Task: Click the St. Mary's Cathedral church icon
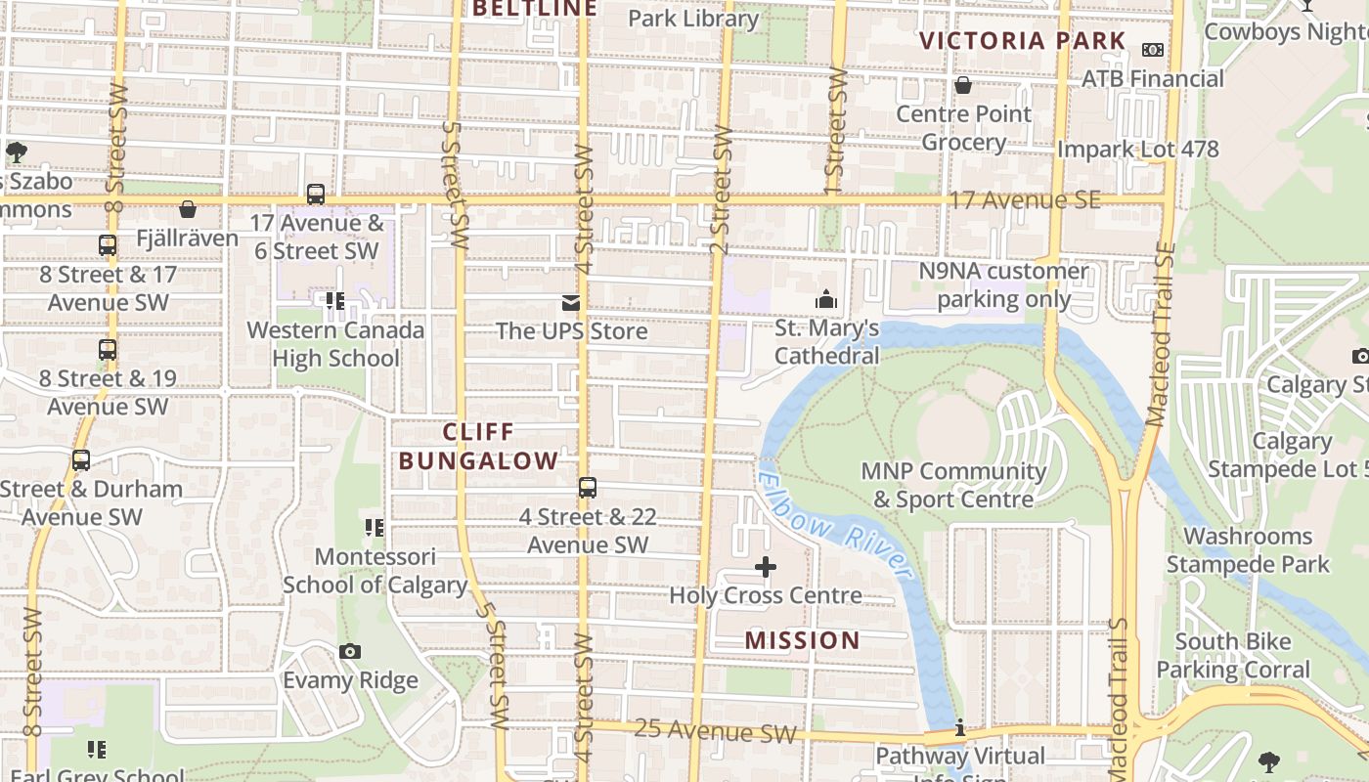(x=826, y=299)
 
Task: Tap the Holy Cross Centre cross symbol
(x=766, y=567)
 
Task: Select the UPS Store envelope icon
(x=571, y=303)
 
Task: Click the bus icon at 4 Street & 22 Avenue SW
(x=587, y=487)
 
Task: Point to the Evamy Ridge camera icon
(x=349, y=651)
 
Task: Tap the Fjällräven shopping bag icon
(x=188, y=209)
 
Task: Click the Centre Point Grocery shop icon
(x=963, y=85)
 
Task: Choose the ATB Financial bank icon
(x=1153, y=49)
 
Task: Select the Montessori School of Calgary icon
(x=374, y=528)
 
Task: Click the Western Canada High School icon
(x=335, y=301)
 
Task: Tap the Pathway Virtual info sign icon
(x=960, y=727)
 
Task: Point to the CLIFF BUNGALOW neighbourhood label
(x=478, y=446)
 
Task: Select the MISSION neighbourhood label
(x=802, y=640)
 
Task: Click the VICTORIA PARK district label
(x=1023, y=41)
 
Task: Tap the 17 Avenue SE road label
(x=1025, y=200)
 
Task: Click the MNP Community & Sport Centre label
(x=953, y=485)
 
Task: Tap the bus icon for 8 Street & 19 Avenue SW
(x=108, y=349)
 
